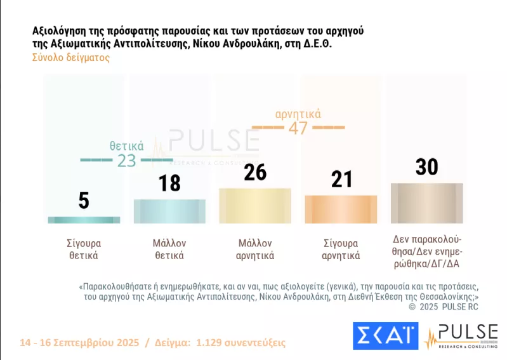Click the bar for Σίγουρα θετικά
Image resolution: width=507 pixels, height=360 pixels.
84,220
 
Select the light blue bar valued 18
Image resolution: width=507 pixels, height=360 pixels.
169,211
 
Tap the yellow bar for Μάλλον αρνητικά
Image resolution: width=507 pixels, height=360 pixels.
255,206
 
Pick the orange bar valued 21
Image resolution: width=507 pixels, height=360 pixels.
341,209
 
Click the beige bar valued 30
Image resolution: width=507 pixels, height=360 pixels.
426,203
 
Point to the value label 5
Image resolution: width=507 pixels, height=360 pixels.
84,201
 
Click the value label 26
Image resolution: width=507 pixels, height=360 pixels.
255,172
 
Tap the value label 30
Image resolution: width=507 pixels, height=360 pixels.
427,166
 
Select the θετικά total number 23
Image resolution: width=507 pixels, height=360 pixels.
127,161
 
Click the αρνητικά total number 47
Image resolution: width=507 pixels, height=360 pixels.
298,128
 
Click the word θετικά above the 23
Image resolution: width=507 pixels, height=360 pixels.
127,145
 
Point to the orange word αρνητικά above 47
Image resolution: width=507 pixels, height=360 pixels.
298,114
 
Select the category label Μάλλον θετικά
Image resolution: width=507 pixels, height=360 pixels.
169,250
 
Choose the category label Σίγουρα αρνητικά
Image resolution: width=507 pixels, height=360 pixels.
341,250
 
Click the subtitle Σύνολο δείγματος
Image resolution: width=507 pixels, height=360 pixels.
70,57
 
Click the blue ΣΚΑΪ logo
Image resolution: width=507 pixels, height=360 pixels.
385,335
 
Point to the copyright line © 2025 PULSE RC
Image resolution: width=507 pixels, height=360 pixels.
444,307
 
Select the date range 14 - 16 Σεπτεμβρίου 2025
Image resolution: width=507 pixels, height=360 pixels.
79,343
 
